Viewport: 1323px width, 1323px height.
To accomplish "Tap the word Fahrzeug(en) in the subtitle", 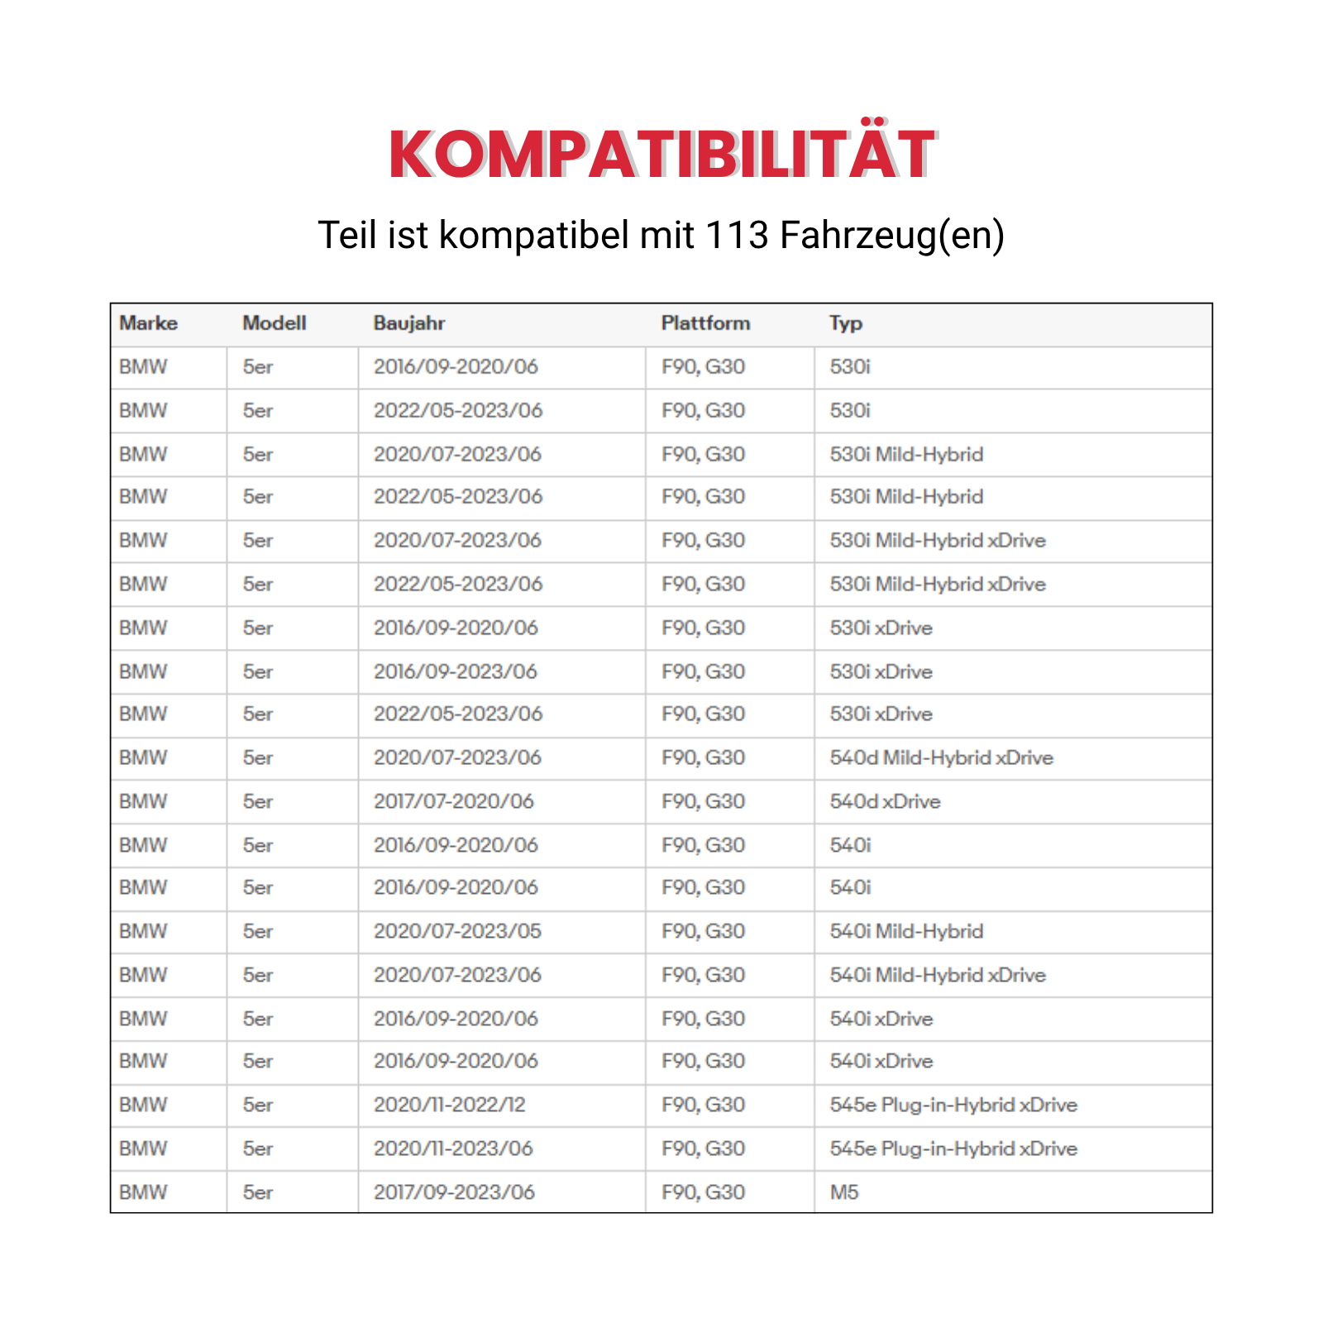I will click(891, 235).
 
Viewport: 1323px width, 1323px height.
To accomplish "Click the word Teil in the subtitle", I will click(348, 235).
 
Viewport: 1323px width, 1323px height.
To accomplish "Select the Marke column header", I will click(148, 323).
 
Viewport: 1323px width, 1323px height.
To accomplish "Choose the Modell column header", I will click(274, 323).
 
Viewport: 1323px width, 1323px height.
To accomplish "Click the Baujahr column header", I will click(408, 323).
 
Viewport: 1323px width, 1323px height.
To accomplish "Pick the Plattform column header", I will click(705, 323).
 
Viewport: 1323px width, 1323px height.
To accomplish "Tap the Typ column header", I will click(845, 323).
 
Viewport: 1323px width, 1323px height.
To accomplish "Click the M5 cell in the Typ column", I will click(844, 1192).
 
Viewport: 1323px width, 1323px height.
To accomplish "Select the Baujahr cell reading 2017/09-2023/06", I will click(454, 1192).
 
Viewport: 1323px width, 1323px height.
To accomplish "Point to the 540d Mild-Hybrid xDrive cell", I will click(941, 757).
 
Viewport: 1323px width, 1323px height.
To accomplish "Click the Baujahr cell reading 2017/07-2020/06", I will click(453, 801).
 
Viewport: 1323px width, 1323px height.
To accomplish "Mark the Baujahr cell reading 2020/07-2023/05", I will click(457, 931).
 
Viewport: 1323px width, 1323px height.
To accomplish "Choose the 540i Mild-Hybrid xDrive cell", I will click(937, 975).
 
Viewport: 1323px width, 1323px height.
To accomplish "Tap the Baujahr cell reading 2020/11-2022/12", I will click(449, 1105).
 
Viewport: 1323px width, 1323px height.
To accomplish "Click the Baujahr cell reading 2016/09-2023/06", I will click(455, 671).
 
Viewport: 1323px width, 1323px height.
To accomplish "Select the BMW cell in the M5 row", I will click(143, 1192).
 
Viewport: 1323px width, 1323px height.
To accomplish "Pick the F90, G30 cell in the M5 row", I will click(703, 1192).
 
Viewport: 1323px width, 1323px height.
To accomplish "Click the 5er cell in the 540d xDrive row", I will click(258, 801).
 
